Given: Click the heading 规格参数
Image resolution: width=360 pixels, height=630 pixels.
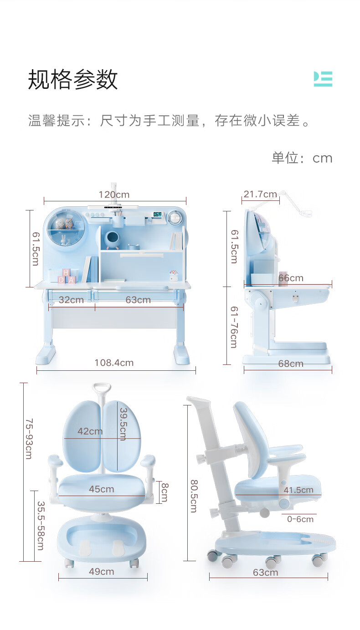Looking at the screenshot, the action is point(73,80).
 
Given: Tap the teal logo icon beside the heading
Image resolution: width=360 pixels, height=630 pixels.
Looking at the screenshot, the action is point(323,79).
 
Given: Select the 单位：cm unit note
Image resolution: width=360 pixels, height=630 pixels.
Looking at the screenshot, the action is point(302,158).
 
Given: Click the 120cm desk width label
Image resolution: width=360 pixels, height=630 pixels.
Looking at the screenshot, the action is point(114,195).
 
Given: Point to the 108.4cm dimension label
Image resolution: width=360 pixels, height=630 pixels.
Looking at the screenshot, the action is point(114,363).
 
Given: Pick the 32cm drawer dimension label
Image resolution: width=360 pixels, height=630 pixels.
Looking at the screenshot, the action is point(71,300).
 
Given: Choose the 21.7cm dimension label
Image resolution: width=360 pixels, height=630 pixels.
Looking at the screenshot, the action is point(260,194).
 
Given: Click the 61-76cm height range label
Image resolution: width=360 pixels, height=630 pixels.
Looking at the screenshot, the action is point(233,327).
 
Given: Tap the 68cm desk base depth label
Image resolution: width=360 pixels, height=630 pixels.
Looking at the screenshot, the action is point(291,364).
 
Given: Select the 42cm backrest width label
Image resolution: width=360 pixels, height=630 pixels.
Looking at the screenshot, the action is point(90,431).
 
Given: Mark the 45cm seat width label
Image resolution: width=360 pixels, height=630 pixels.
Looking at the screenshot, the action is point(101,489).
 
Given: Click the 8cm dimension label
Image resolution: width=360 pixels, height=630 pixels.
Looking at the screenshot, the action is point(164,492).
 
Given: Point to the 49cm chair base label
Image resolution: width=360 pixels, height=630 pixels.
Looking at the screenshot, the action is point(101,571).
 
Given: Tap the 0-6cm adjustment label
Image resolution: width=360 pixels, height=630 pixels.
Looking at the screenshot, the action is point(300,519).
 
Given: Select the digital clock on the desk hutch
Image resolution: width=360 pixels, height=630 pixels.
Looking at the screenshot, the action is point(158,214).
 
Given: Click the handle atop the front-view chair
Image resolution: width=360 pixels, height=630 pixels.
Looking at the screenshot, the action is point(102,389).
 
